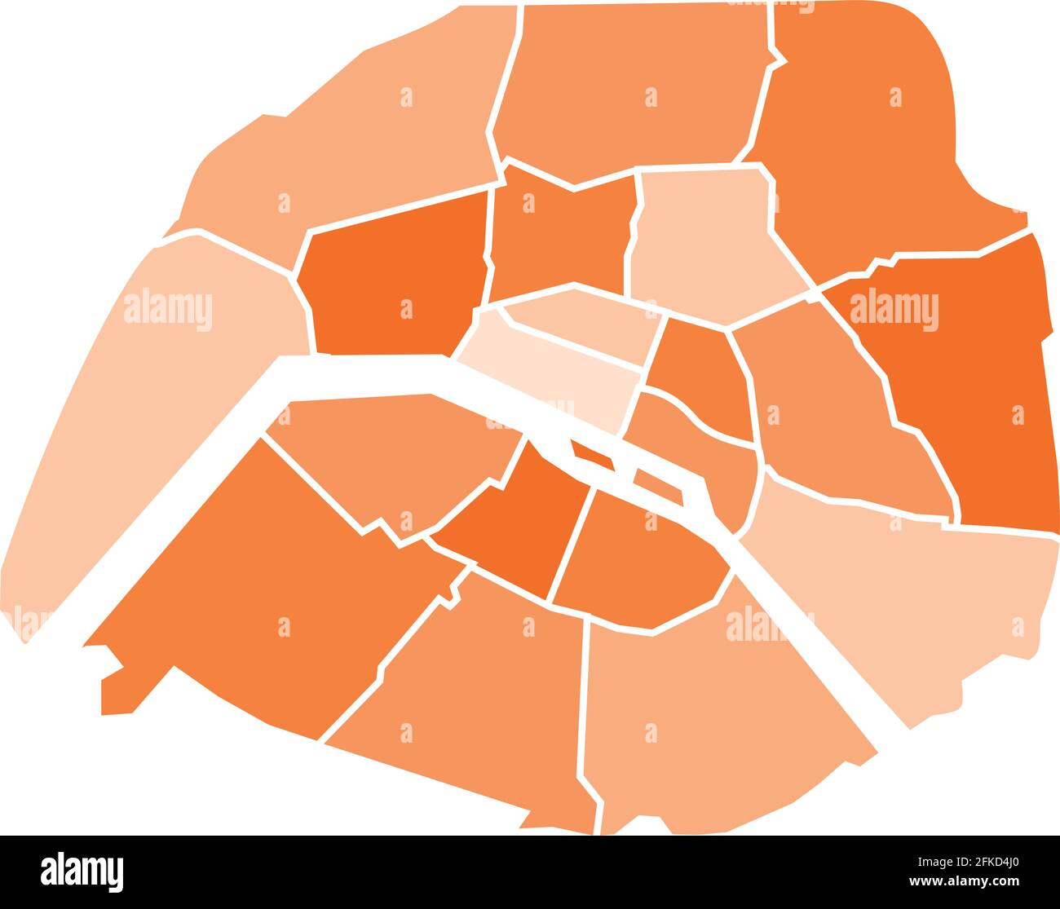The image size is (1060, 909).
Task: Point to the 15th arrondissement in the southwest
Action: click(261, 587)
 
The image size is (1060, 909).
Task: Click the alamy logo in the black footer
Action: click(82, 871)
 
